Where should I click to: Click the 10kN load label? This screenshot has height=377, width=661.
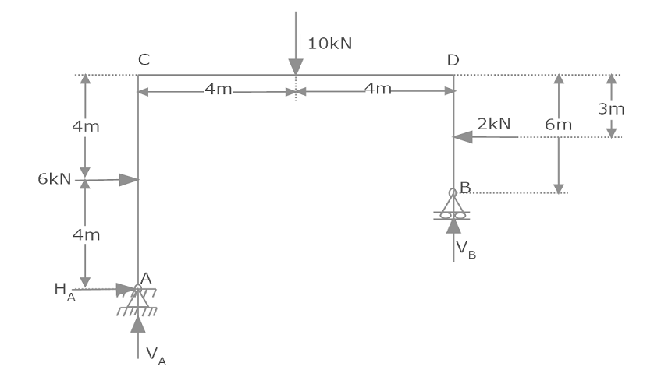tap(329, 44)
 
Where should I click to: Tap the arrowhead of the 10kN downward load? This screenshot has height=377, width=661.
tap(296, 67)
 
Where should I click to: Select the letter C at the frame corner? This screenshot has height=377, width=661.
tap(144, 59)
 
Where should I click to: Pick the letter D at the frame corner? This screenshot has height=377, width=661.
tap(453, 60)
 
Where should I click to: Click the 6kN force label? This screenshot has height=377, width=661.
tap(54, 179)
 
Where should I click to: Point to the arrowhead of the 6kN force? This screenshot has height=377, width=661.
tap(129, 180)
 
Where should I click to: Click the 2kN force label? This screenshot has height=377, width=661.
tap(494, 124)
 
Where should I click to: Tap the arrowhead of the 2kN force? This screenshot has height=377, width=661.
tap(463, 137)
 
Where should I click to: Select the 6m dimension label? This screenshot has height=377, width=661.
tap(558, 125)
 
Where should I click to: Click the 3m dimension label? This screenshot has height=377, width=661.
tap(611, 109)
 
